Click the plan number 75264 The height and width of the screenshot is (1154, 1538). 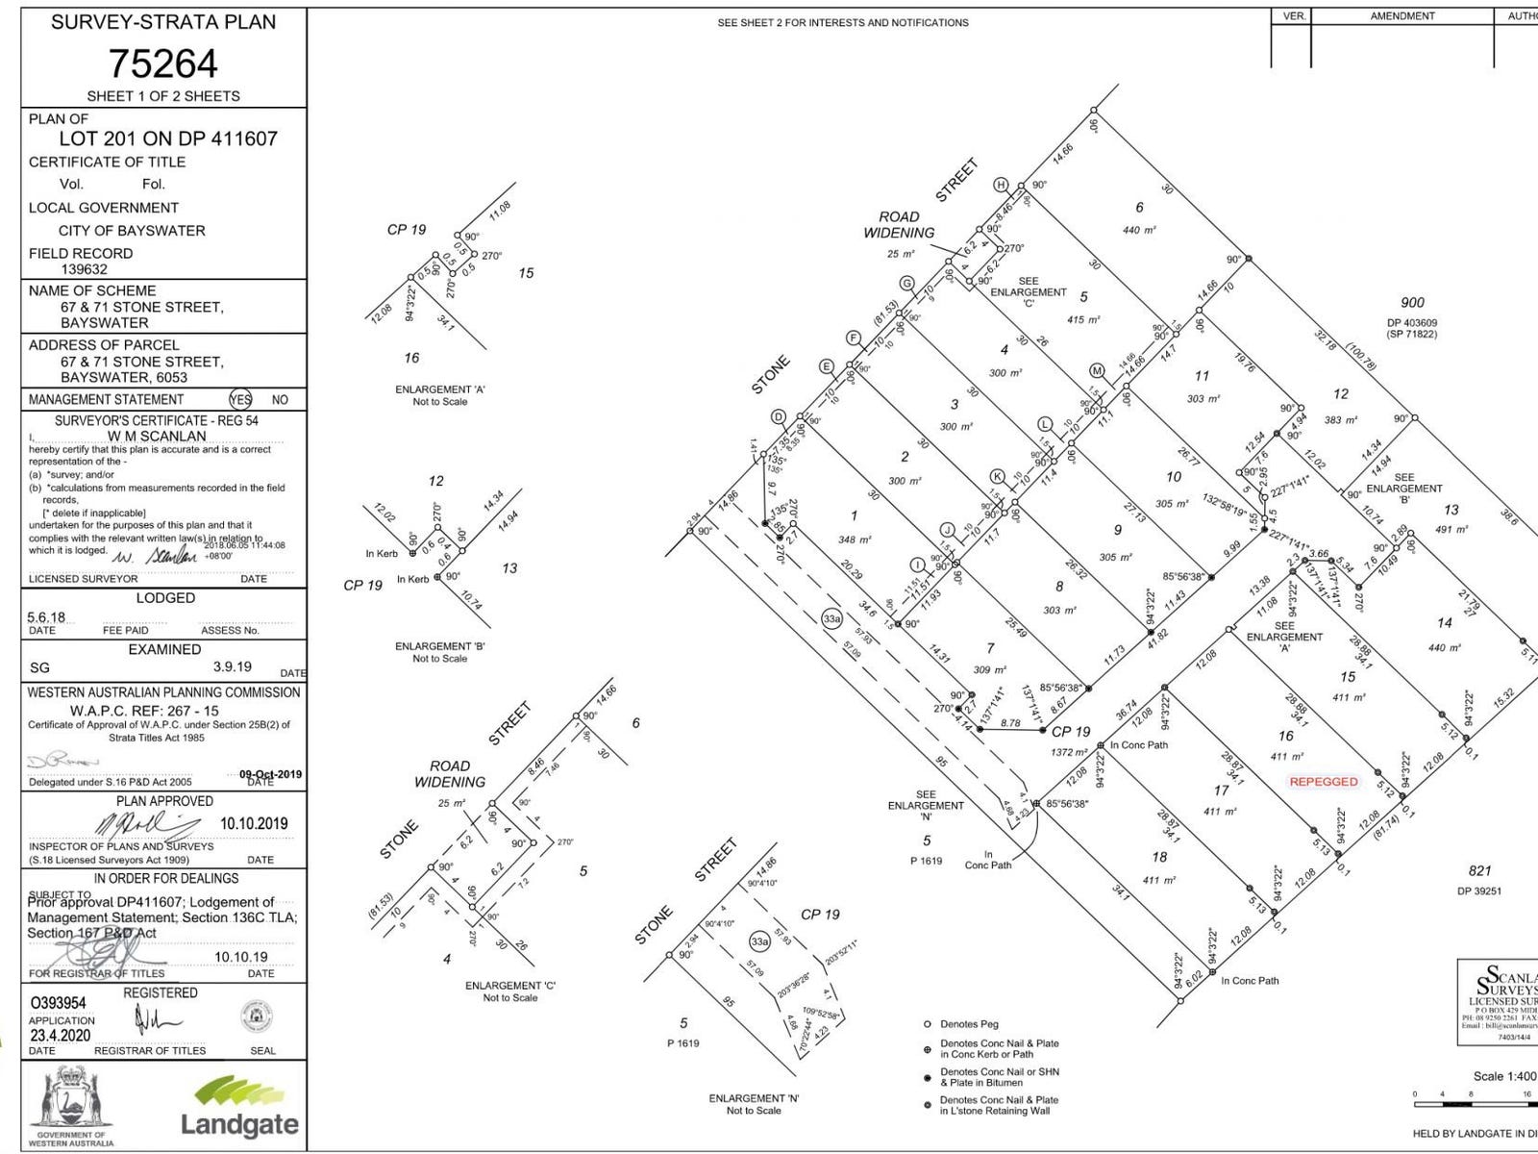click(162, 63)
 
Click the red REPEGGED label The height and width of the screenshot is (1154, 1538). click(1324, 782)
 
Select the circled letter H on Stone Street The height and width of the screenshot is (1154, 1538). click(1001, 185)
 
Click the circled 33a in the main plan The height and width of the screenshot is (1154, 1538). click(831, 618)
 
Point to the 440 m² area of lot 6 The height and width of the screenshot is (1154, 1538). click(1139, 231)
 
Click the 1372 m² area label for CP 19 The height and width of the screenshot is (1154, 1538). click(1068, 752)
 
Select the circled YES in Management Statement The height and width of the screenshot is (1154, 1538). click(240, 400)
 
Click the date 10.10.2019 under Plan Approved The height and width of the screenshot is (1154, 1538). click(254, 823)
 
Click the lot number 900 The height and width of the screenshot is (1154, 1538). click(1412, 303)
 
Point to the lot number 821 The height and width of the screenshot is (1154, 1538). click(1479, 871)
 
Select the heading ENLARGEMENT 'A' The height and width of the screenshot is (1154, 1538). click(439, 389)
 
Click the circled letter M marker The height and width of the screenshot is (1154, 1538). click(1097, 371)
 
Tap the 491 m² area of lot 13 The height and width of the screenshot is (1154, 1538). click(1451, 530)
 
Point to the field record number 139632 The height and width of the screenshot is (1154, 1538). click(83, 270)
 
